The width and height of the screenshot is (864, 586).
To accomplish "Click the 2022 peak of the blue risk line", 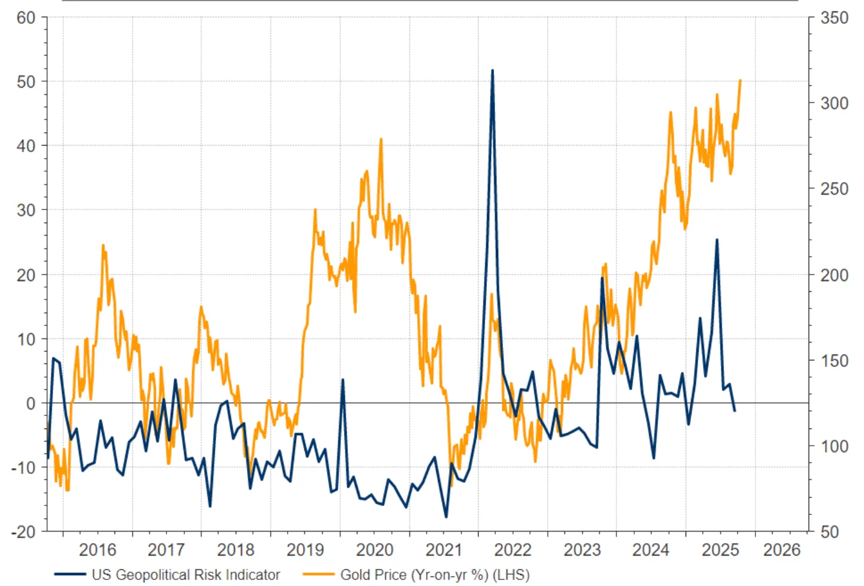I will (492, 70).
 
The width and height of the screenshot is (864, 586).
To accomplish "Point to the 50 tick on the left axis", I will (26, 82).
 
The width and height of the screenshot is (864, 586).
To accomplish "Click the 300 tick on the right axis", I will (834, 103).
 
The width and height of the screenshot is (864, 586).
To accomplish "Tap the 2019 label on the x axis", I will (305, 550).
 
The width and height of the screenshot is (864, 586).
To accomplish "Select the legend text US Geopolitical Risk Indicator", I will (186, 575).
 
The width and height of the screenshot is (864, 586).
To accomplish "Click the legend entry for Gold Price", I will (434, 575).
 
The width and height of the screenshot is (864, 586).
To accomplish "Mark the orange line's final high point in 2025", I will (740, 80).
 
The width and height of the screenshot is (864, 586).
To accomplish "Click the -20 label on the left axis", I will (23, 532).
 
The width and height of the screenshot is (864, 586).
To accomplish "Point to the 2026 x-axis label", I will (782, 550).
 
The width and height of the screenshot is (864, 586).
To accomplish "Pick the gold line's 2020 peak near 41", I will (381, 139).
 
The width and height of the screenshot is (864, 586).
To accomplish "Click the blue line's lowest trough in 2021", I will (446, 517).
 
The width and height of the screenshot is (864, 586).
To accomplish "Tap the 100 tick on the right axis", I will (834, 446).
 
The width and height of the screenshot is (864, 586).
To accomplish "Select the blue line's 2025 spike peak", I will (717, 239).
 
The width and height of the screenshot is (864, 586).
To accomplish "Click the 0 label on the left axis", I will (30, 403).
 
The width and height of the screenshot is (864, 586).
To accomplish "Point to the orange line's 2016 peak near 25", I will (103, 245).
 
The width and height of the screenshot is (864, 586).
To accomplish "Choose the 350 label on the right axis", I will (834, 18).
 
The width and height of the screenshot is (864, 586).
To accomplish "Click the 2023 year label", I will (582, 550).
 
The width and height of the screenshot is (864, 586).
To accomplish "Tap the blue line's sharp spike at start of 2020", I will (342, 380).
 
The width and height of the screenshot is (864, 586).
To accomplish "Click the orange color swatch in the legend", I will (318, 575).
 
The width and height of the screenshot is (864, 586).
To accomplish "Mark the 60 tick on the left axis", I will (26, 18).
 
